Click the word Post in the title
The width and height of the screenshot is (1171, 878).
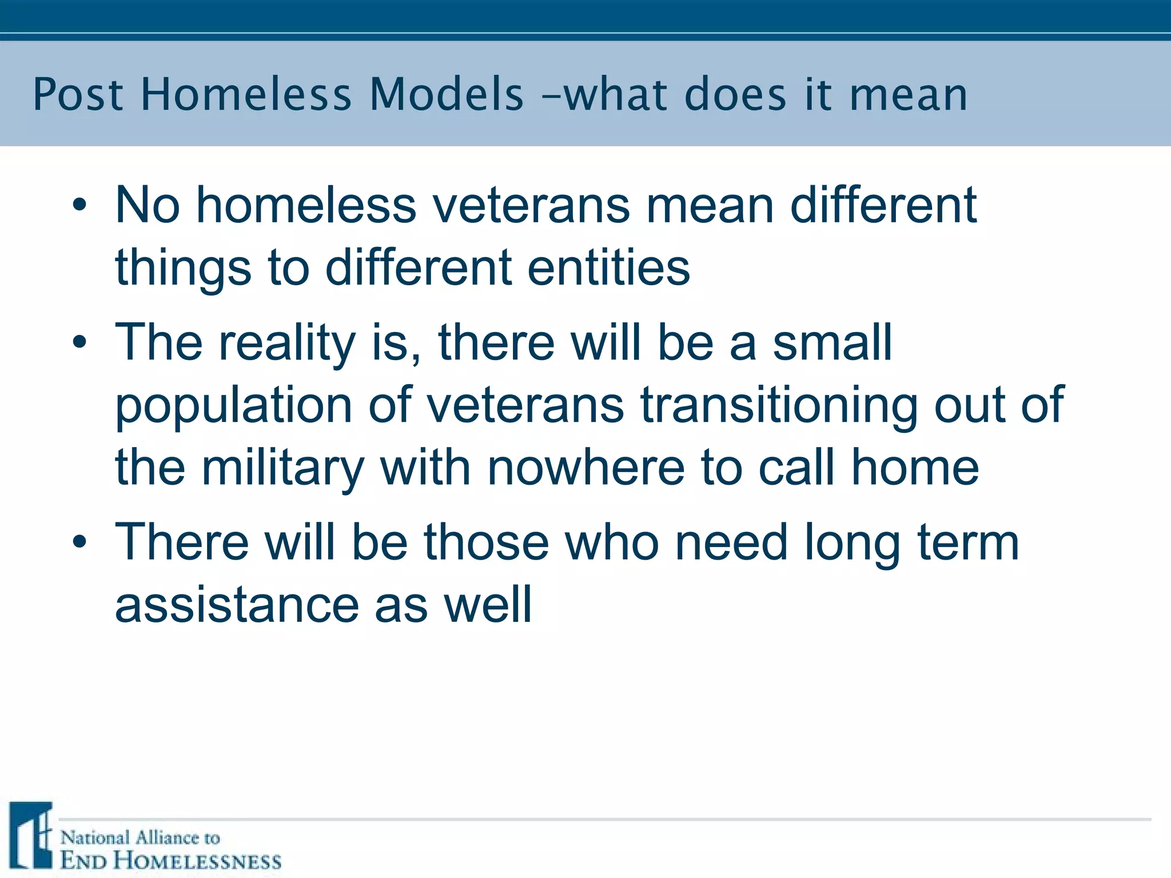(x=78, y=94)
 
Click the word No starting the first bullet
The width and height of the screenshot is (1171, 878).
(x=148, y=205)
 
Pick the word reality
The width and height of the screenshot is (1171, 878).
(x=288, y=343)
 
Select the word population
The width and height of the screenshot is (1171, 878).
(x=233, y=406)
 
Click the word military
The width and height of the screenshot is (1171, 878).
(x=282, y=468)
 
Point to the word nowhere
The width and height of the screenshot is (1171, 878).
(x=586, y=467)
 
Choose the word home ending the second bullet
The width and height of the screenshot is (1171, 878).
(x=915, y=467)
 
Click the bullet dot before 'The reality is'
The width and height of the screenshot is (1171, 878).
(x=79, y=342)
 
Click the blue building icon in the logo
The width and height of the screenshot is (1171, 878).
(x=31, y=835)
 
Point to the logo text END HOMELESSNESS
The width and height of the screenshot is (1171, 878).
(x=171, y=860)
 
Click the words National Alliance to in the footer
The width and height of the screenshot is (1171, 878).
(x=140, y=838)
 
